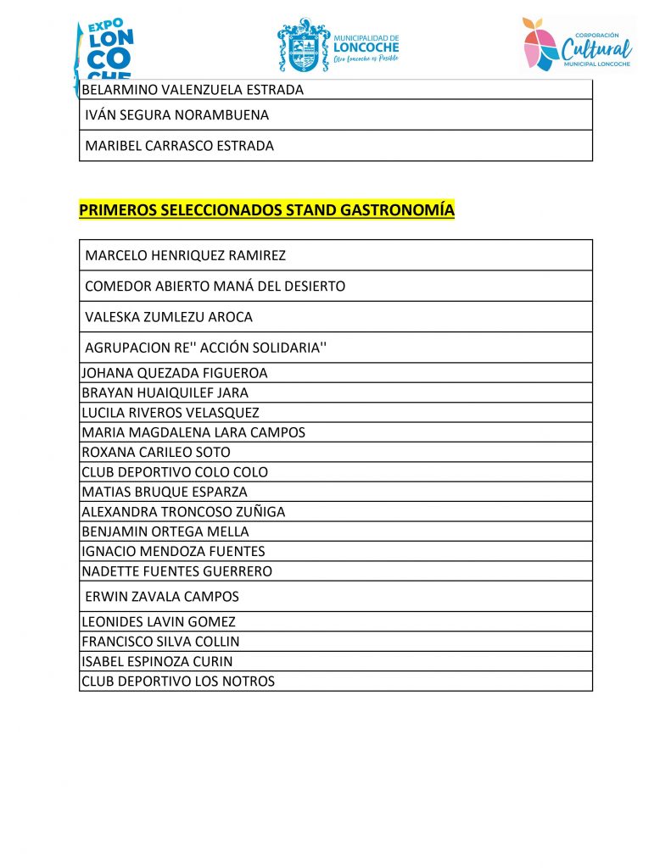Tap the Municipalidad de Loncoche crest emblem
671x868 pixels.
pos(303,46)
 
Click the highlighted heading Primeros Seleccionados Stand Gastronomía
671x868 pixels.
pos(266,209)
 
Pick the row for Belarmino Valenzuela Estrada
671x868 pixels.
pos(193,89)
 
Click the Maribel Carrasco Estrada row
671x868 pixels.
pos(180,146)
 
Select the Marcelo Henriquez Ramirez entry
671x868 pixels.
pos(186,255)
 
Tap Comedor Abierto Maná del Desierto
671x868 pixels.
pos(215,287)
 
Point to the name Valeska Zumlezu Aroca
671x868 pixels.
pos(169,317)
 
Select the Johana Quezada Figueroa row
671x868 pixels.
pos(175,373)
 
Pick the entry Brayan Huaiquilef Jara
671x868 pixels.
pos(165,392)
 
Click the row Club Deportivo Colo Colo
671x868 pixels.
pos(175,472)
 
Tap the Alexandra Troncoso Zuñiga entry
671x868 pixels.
pos(183,511)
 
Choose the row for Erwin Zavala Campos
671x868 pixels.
pos(162,596)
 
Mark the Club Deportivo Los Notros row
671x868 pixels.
pos(178,681)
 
